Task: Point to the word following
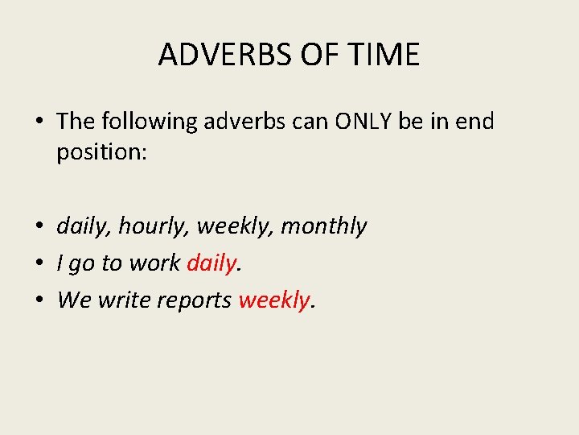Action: pyautogui.click(x=149, y=122)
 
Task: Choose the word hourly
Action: pyautogui.click(x=154, y=227)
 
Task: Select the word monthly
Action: pyautogui.click(x=323, y=226)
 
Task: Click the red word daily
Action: pyautogui.click(x=211, y=263)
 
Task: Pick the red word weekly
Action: pyautogui.click(x=274, y=300)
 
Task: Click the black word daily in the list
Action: pyautogui.click(x=84, y=226)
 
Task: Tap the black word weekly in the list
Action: pyautogui.click(x=235, y=226)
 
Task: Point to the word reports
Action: pyautogui.click(x=196, y=300)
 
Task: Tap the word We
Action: pyautogui.click(x=74, y=300)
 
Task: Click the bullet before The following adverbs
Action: pyautogui.click(x=39, y=122)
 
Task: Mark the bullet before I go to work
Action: pyautogui.click(x=39, y=263)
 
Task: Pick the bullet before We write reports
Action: pyautogui.click(x=39, y=300)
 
